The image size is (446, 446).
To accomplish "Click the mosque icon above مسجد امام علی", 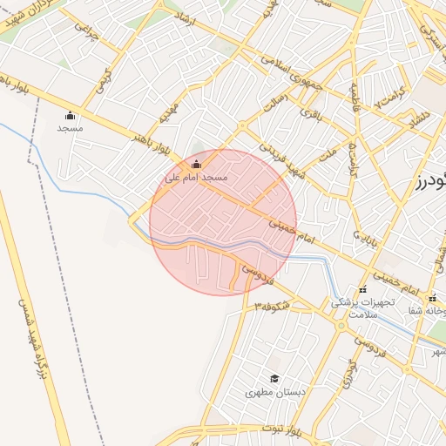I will tap(196, 164).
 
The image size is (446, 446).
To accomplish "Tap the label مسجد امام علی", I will tap(196, 177).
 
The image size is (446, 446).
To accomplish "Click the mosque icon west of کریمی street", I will tap(71, 115).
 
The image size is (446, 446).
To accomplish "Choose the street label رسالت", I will tap(274, 104).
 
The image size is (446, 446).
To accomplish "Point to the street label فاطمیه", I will tap(355, 101).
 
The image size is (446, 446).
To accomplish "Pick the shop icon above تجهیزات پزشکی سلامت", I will tap(363, 290).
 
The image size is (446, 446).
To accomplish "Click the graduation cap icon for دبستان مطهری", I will tap(274, 378).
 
